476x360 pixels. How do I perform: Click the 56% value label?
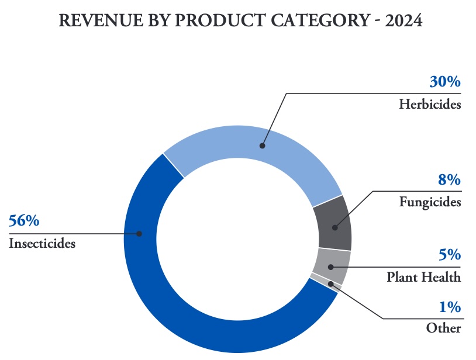point(24,221)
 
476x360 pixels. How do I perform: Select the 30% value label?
point(445,81)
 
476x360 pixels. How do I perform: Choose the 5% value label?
point(449,255)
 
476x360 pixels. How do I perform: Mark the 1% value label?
point(450,307)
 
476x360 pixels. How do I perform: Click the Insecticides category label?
point(42,243)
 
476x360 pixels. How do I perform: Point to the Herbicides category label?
point(430,105)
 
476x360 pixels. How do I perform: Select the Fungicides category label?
point(430,202)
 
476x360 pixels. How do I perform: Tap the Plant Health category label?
point(423,277)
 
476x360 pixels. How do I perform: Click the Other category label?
point(443,328)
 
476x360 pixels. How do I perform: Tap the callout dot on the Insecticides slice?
point(139,234)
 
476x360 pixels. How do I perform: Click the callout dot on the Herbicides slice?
point(263,146)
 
